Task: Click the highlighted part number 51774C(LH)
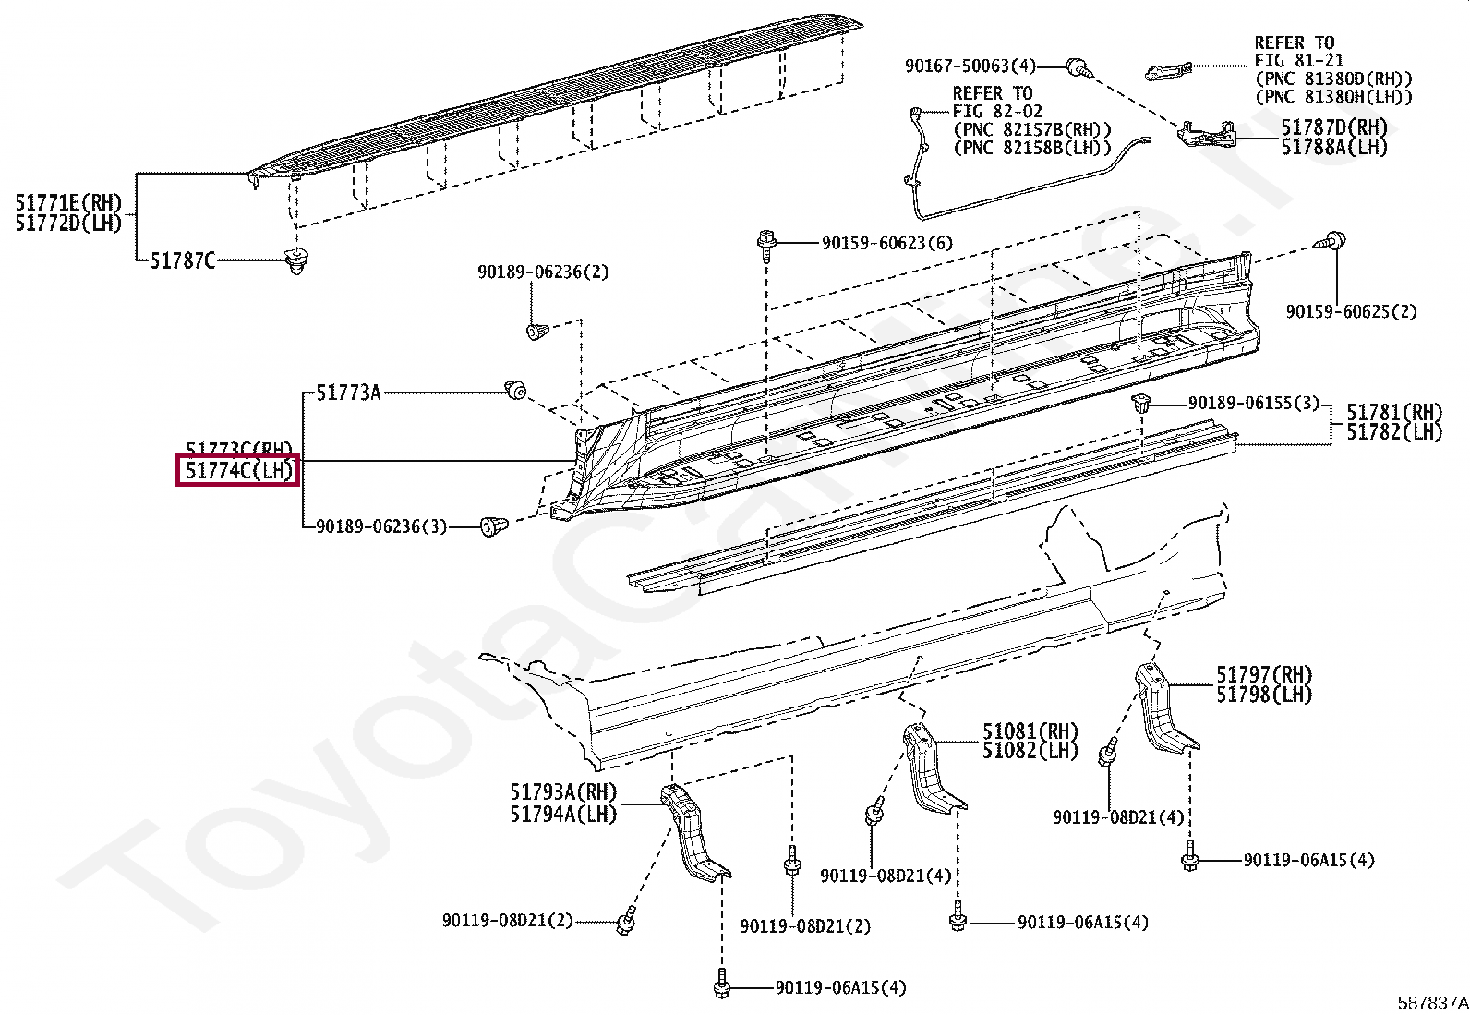pos(238,471)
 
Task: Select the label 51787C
pos(183,261)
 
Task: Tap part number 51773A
pos(348,393)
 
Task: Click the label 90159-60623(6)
pos(886,243)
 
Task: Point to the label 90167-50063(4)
pos(970,66)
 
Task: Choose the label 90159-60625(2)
pos(1351,312)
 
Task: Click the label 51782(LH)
pos(1393,431)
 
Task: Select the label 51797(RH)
pos(1263,675)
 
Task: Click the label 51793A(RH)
pos(563,792)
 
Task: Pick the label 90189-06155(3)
pos(1253,404)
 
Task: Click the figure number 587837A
pos(1431,1002)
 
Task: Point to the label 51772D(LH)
pos(68,224)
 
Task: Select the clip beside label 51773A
pos(515,391)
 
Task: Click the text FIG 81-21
pos(1298,61)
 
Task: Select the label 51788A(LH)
pos(1333,147)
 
